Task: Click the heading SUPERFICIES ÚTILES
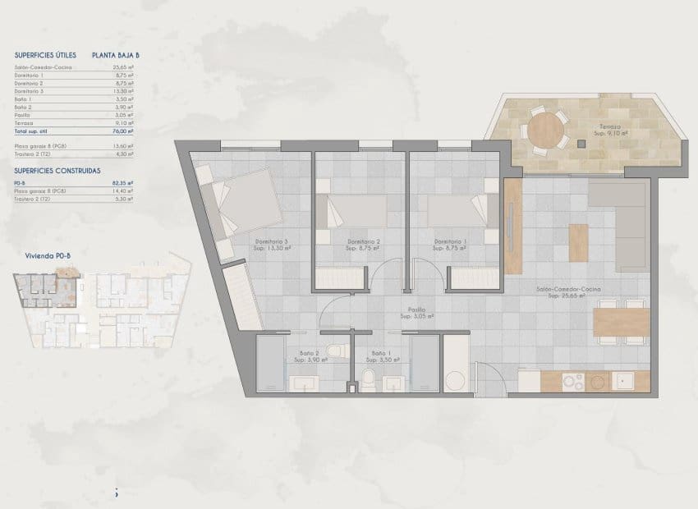pyautogui.click(x=45, y=55)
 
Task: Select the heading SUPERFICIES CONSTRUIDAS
pyautogui.click(x=57, y=171)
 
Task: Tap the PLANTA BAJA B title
pyautogui.click(x=116, y=55)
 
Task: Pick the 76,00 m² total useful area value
pyautogui.click(x=124, y=131)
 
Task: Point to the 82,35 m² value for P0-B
pyautogui.click(x=124, y=183)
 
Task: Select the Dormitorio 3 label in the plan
pyautogui.click(x=271, y=241)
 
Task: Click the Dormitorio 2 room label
pyautogui.click(x=362, y=241)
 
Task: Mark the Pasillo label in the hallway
pyautogui.click(x=406, y=310)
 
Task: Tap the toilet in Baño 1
pyautogui.click(x=369, y=379)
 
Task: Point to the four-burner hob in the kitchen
pyautogui.click(x=569, y=381)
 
